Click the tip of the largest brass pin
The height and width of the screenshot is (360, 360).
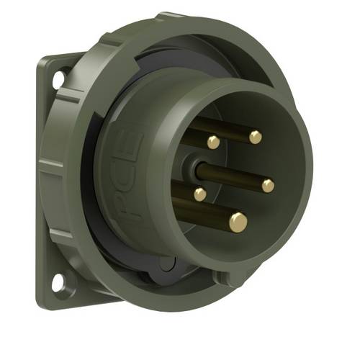[238, 221]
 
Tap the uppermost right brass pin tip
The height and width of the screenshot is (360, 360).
[255, 137]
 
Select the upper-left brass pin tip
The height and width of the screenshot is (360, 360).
[214, 143]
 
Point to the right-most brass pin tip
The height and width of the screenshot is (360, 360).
[268, 186]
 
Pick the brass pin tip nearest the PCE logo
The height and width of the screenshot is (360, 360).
[199, 194]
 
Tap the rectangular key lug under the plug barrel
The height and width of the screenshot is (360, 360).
[223, 276]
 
